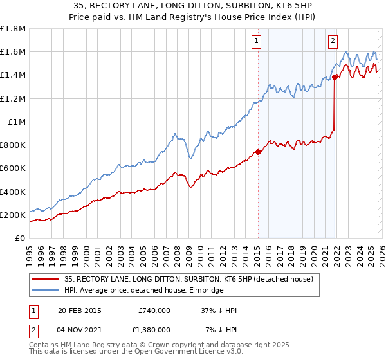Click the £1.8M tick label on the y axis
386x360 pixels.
13,29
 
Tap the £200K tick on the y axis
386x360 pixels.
13,215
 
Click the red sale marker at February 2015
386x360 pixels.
257,152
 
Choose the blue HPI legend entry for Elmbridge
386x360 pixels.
143,291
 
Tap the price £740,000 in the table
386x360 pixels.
154,310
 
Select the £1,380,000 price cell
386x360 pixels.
149,329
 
